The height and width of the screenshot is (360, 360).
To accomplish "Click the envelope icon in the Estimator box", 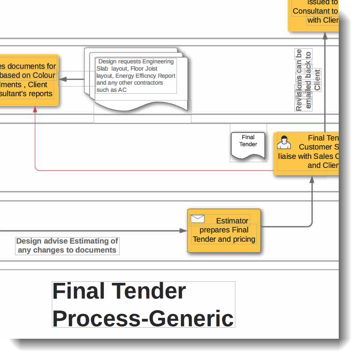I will (x=197, y=218).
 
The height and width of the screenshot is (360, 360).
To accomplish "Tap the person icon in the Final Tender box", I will (x=284, y=142).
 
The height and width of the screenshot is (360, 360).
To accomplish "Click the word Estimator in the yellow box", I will (x=232, y=221).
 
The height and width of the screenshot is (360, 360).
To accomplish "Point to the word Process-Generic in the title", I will (x=143, y=318).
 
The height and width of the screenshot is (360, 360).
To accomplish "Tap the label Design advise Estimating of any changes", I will (x=67, y=245).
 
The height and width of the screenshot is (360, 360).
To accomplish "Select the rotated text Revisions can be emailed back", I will (x=303, y=80).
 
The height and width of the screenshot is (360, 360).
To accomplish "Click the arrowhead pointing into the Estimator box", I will (x=183, y=231).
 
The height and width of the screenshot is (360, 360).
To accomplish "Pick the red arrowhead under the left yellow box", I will (x=35, y=110).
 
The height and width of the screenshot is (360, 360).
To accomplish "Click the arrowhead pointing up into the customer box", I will (x=312, y=179).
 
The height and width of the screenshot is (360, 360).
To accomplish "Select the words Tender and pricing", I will (x=224, y=239).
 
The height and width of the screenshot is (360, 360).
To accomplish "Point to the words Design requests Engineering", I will (x=136, y=62).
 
